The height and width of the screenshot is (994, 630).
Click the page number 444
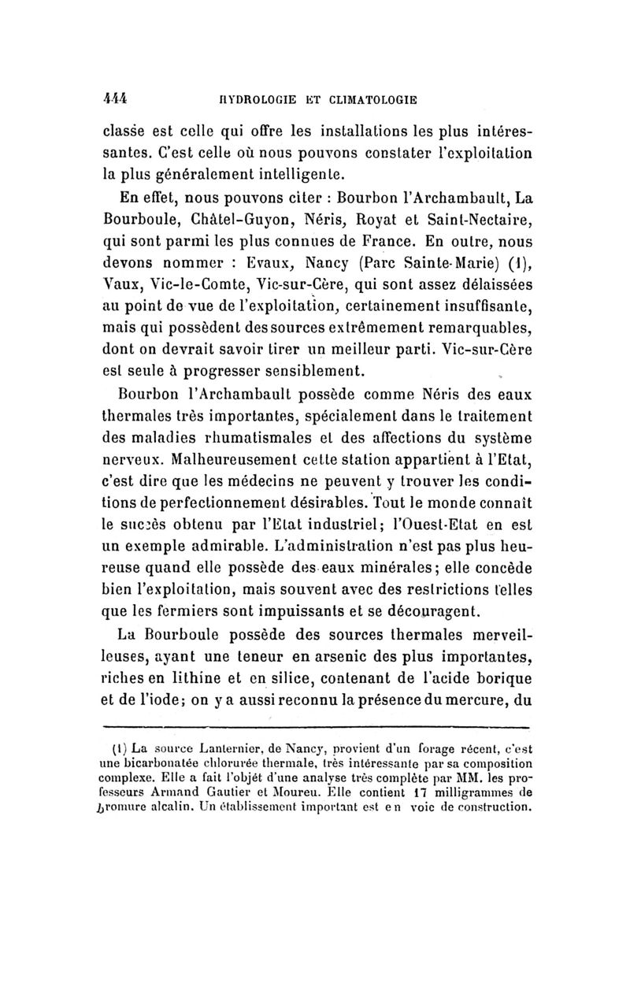point(116,99)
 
